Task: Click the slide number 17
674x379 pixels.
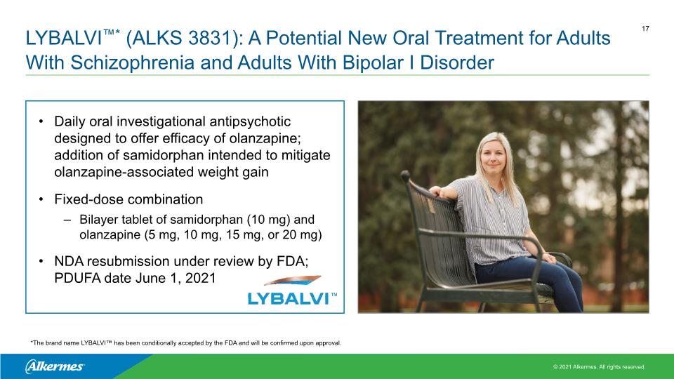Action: [x=645, y=29]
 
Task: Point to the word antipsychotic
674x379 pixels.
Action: [x=250, y=121]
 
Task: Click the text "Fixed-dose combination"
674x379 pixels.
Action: [x=128, y=199]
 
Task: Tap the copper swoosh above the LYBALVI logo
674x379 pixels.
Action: [x=293, y=280]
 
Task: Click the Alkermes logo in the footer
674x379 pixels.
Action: [x=55, y=366]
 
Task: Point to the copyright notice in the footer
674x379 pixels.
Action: [x=599, y=367]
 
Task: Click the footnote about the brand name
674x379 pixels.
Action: [x=185, y=343]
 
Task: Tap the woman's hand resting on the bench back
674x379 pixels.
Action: [x=436, y=191]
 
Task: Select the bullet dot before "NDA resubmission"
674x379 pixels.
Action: [x=41, y=261]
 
